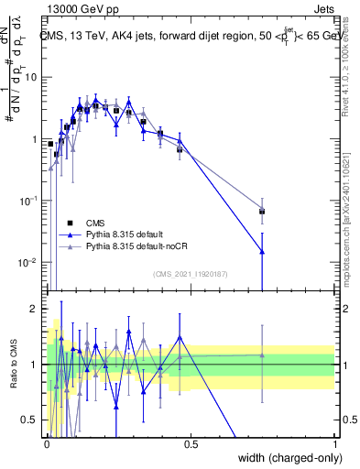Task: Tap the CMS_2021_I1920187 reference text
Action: coord(191,274)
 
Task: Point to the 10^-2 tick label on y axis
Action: coord(27,263)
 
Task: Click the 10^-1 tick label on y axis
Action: coord(27,201)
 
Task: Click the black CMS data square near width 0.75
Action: coord(263,212)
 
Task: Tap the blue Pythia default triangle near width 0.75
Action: coord(263,251)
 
